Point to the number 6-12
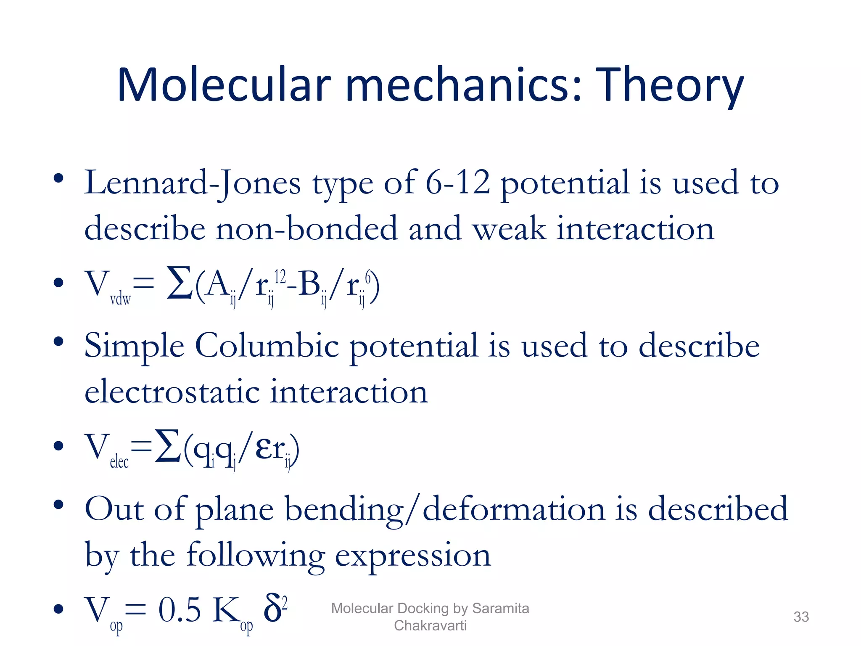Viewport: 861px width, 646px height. point(458,183)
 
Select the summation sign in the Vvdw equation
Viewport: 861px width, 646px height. point(180,283)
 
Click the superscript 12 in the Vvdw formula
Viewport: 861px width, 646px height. point(280,277)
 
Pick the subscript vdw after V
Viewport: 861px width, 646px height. point(120,299)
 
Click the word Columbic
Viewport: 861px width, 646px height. point(267,346)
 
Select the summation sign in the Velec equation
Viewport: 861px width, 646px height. point(168,446)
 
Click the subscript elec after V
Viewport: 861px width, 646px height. point(119,462)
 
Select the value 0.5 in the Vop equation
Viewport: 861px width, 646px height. point(180,610)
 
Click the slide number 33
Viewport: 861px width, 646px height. point(801,617)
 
